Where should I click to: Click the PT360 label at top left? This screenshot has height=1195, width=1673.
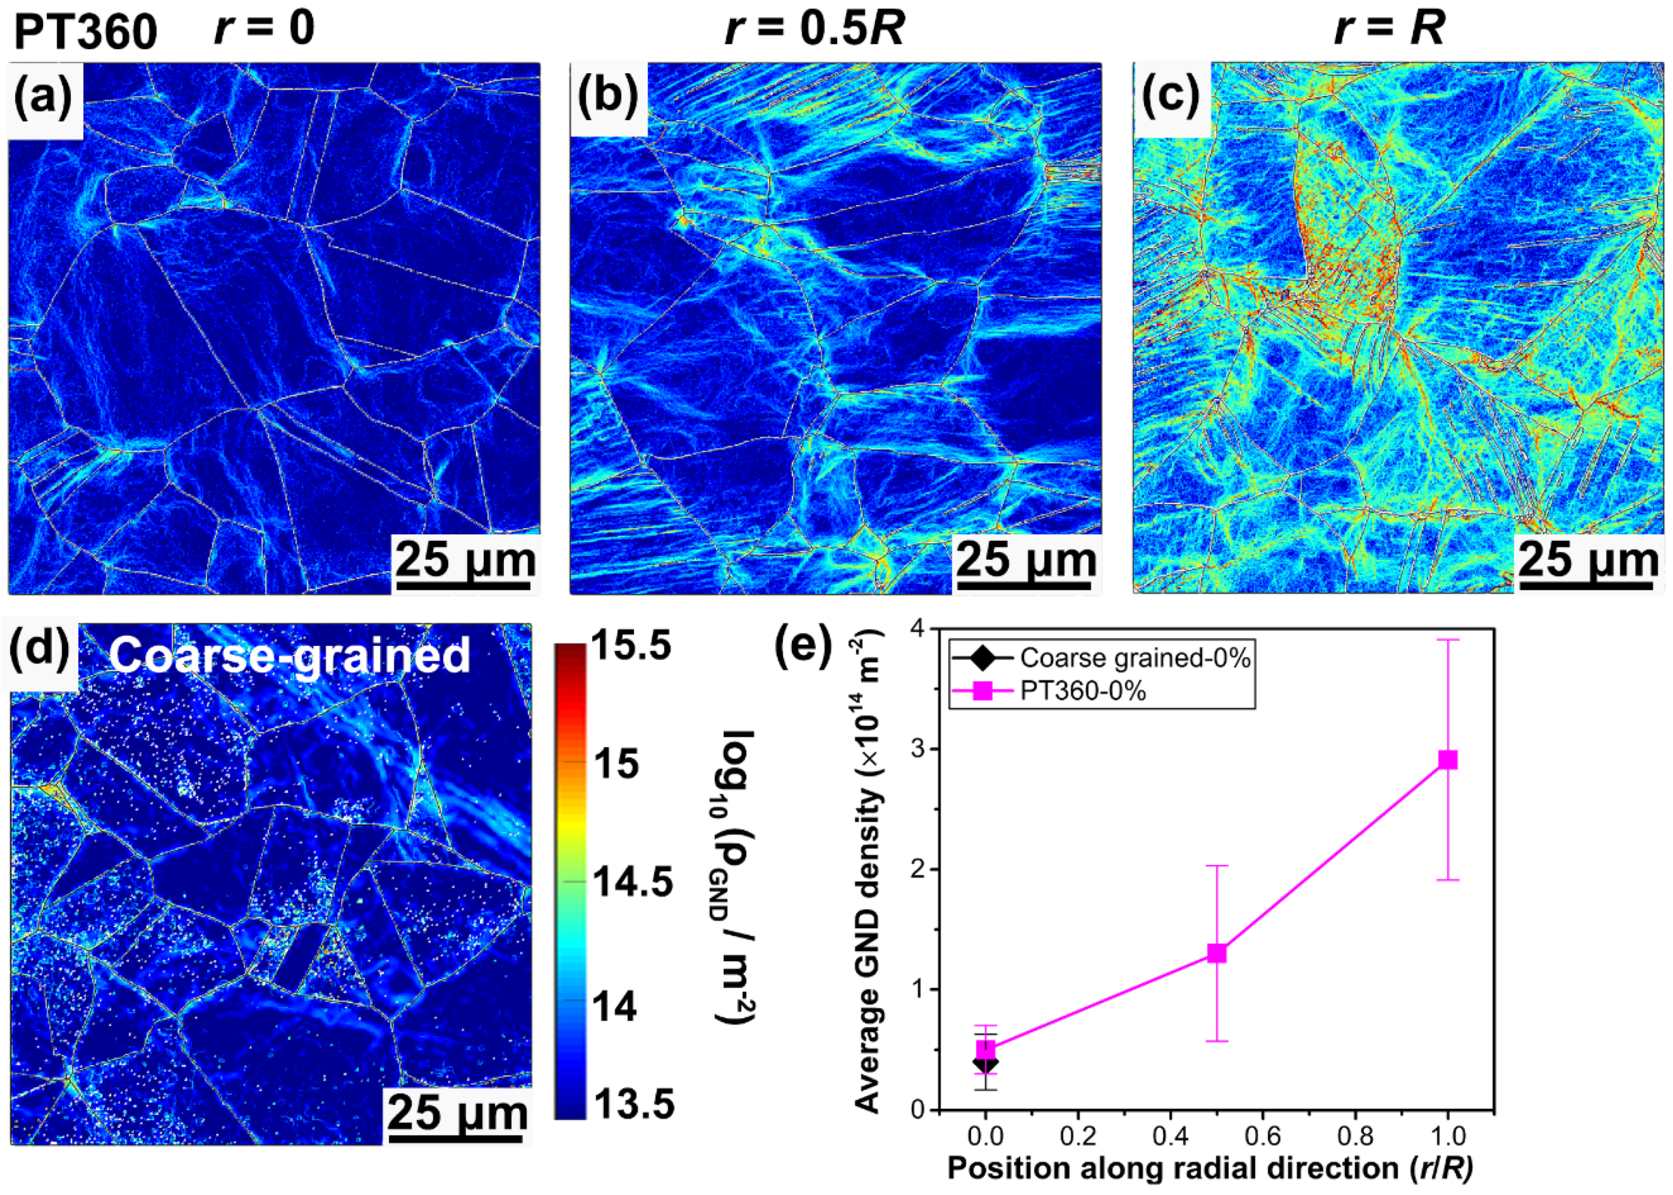coord(85,32)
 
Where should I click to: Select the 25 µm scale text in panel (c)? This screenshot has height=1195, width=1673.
coord(1588,561)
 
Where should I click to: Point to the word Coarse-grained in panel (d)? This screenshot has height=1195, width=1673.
coord(289,655)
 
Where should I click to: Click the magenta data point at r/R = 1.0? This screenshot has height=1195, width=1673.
coord(1447,760)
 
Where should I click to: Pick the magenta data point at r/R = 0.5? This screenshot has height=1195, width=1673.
coord(1217,953)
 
